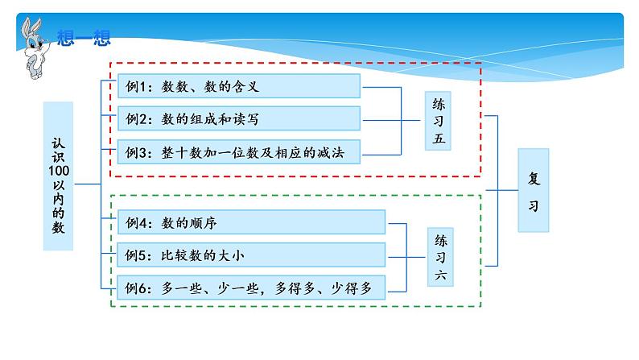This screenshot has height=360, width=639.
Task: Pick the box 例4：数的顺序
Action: (252, 222)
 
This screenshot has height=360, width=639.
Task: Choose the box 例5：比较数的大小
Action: (252, 255)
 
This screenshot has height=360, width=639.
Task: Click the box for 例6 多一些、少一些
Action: (252, 288)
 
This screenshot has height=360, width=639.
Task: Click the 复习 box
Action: (533, 191)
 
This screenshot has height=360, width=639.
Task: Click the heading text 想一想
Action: (84, 36)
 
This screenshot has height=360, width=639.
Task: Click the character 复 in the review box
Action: (533, 179)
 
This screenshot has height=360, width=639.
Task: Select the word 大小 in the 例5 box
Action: (230, 256)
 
